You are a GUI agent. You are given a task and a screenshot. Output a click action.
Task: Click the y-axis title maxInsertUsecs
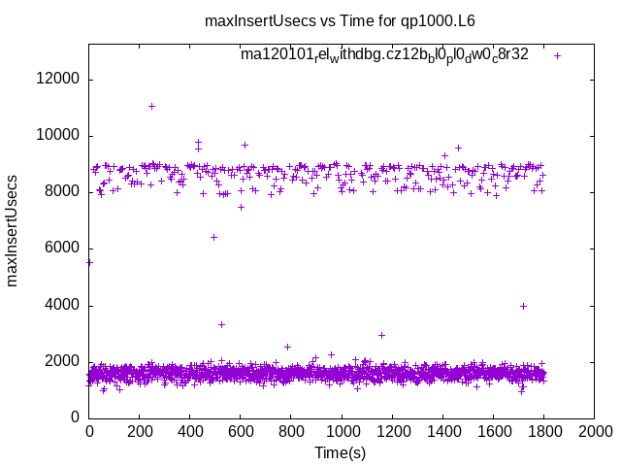[14, 230]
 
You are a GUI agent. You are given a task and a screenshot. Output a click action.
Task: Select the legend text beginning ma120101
[384, 55]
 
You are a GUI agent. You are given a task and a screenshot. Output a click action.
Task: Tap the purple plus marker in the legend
[557, 55]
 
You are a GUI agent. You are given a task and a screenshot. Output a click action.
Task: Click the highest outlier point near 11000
[151, 106]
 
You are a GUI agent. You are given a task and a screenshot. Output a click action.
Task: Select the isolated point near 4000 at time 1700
[523, 306]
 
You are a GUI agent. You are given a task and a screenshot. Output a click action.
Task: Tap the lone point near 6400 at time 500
[213, 237]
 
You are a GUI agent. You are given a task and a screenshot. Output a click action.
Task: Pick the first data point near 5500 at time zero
[90, 262]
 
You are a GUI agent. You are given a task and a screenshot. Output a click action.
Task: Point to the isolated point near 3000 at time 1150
[381, 335]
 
